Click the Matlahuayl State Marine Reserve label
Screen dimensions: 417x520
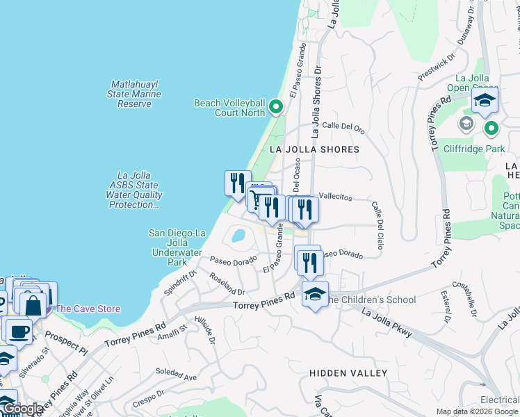click(134, 94)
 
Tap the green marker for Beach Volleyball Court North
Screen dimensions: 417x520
click(275, 107)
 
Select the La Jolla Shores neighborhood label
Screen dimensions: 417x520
click(314, 149)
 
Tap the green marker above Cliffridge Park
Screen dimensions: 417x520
click(491, 128)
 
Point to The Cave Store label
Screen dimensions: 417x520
click(88, 309)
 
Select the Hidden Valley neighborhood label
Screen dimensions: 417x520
click(348, 373)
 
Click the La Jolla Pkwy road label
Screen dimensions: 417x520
click(387, 323)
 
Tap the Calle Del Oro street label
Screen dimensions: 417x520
click(343, 127)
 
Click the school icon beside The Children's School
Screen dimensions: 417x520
click(315, 295)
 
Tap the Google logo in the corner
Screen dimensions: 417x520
click(22, 409)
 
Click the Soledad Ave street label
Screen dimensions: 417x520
click(176, 375)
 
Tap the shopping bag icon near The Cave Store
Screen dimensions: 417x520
click(33, 305)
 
